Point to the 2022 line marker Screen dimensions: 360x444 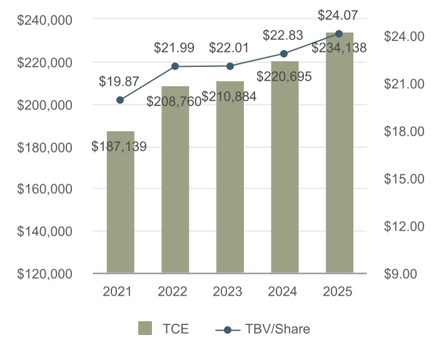click(175, 66)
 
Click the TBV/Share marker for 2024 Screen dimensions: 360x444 click(285, 54)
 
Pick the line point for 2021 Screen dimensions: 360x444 click(120, 100)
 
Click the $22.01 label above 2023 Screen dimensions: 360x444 click(230, 47)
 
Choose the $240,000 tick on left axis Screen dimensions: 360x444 click(44, 20)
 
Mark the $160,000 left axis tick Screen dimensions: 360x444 click(44, 189)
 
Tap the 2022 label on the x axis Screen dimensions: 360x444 click(175, 291)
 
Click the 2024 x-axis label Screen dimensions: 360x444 click(285, 291)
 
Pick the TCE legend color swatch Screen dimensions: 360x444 click(145, 329)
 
